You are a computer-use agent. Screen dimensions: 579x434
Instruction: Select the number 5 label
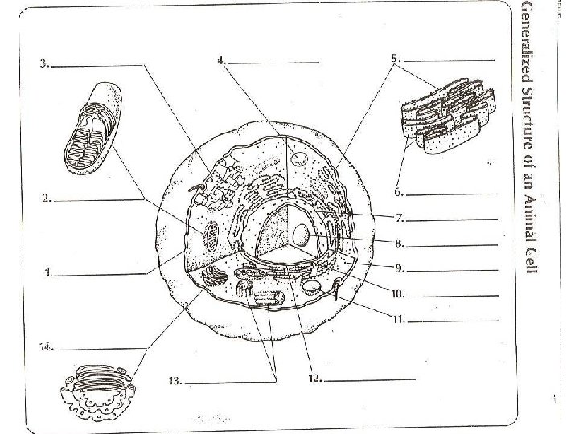[395, 58]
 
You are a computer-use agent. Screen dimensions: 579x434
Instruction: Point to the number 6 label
[398, 193]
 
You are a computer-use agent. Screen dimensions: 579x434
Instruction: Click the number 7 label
[399, 218]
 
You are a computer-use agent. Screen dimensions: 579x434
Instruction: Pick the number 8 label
[399, 242]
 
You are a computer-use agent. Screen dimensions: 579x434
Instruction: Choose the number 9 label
[399, 267]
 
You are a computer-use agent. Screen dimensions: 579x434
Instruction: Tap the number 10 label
[396, 294]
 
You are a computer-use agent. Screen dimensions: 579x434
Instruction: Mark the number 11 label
[397, 319]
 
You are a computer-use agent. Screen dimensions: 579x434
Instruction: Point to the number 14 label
[47, 347]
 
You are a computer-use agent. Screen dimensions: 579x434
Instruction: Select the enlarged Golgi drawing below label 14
[97, 391]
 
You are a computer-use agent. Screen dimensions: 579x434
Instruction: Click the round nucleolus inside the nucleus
[301, 234]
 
